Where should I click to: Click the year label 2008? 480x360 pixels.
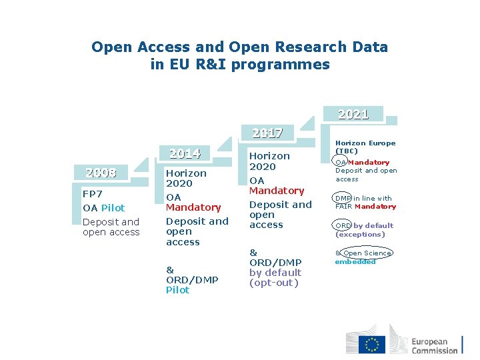pos(101,173)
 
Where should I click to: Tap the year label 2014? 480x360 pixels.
pos(185,154)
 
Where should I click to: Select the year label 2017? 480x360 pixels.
pos(267,133)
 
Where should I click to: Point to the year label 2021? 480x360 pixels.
pos(353,114)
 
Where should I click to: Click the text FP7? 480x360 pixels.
pos(93,194)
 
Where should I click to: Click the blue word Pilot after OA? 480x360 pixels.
pos(113,208)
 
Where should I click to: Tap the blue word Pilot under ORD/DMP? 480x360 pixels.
pos(177,290)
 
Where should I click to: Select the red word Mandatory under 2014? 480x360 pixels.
pos(193,207)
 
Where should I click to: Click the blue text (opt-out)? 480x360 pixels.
pos(273,283)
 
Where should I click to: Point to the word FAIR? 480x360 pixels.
pos(343,207)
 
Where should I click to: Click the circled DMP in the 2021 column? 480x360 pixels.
pos(343,198)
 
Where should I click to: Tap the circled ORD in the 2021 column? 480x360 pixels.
pos(343,225)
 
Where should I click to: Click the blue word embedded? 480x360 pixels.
pos(355,261)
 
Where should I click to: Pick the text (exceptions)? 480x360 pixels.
pos(360,234)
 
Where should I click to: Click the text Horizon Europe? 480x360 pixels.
pos(365,143)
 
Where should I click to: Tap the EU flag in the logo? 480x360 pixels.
pos(372,344)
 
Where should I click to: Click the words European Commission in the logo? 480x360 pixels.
pos(434,346)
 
